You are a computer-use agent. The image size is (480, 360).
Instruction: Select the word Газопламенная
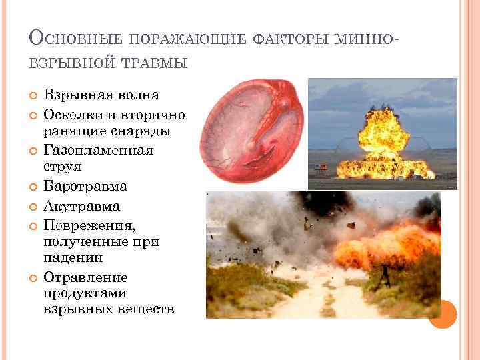99,149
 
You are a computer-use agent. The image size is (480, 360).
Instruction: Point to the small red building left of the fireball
321,167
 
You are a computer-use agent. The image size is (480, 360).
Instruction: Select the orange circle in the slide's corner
442,313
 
